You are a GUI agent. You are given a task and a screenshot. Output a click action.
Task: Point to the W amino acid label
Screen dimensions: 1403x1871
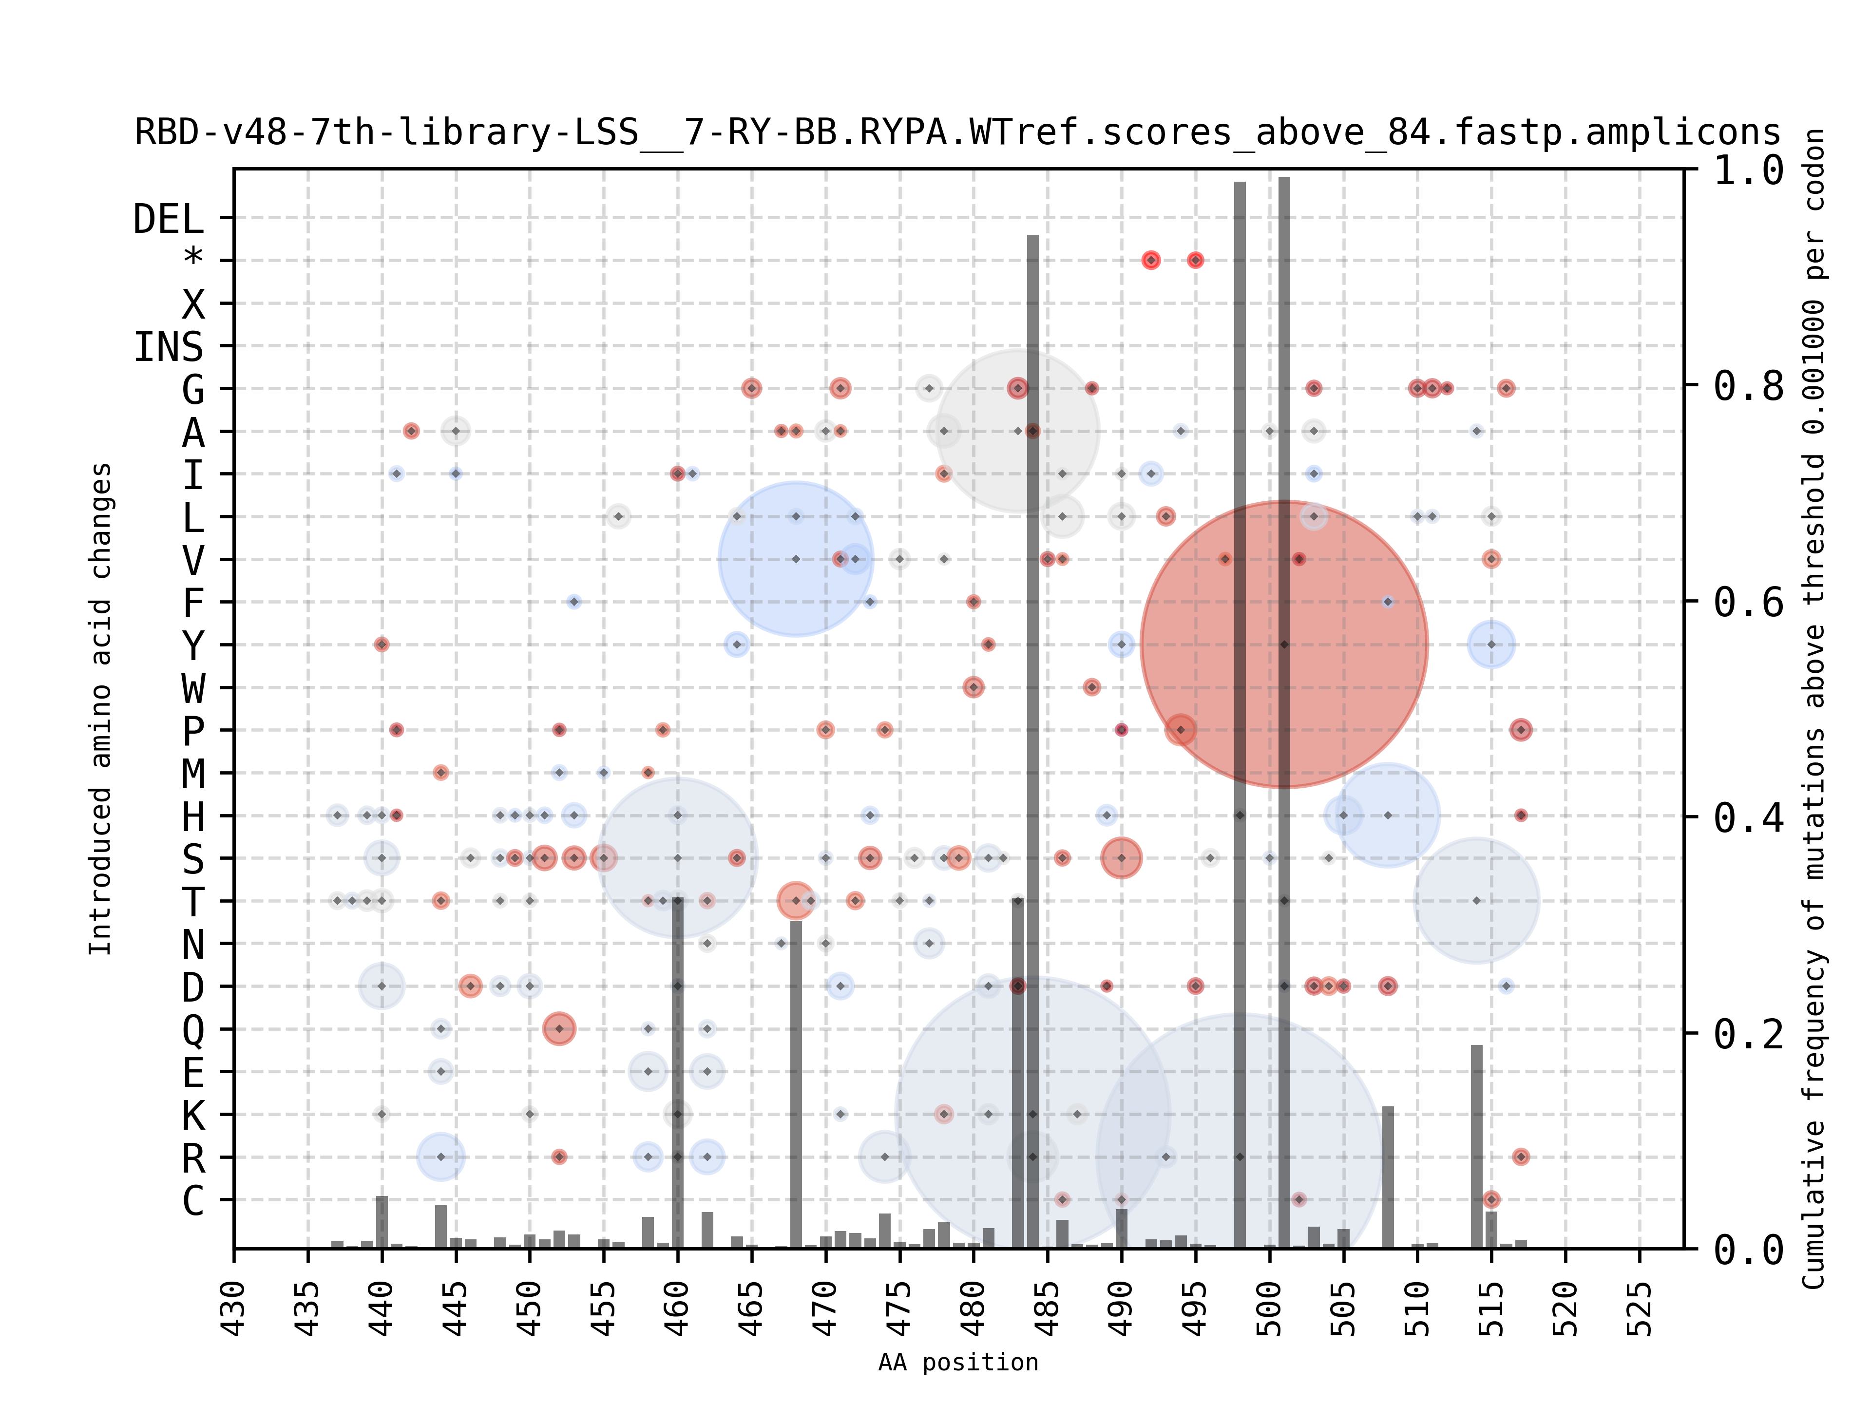[194, 688]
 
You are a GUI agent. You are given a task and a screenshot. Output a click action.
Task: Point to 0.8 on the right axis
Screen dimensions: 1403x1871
[1748, 386]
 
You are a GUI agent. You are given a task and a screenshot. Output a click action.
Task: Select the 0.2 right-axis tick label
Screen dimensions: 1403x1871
[1748, 1033]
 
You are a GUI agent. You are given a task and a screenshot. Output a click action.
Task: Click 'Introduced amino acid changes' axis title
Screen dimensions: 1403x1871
[101, 709]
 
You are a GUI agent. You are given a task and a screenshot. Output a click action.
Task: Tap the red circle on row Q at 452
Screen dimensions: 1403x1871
[559, 1029]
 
